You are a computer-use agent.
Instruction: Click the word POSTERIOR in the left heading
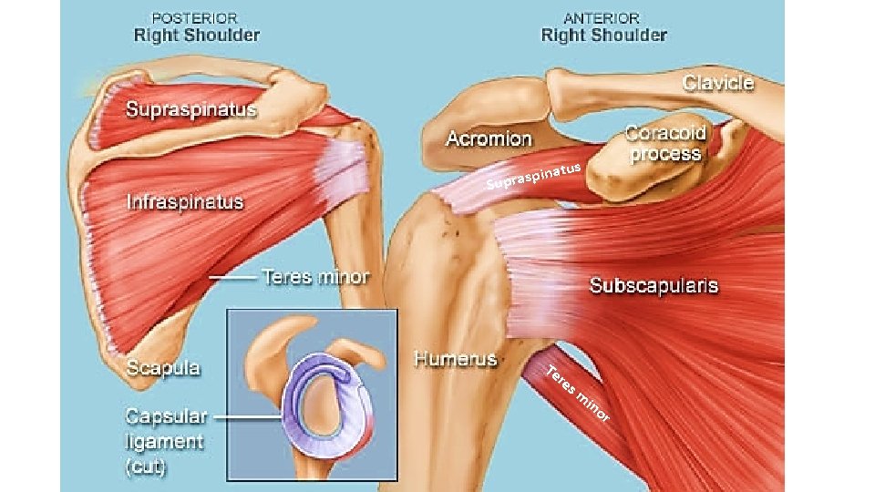click(x=196, y=17)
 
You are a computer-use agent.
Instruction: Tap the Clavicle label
click(x=718, y=83)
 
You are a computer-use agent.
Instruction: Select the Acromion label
click(x=489, y=138)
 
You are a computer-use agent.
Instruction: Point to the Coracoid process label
click(x=664, y=143)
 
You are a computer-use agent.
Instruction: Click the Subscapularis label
click(x=654, y=285)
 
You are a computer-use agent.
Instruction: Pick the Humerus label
click(x=456, y=358)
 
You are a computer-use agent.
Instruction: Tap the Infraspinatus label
click(x=185, y=201)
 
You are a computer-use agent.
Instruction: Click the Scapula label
click(x=163, y=369)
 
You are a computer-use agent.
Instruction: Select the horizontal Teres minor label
click(x=315, y=276)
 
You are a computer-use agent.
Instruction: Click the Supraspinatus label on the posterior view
click(x=191, y=110)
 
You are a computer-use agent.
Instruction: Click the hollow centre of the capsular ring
click(x=324, y=402)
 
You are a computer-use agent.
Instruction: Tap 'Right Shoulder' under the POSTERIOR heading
click(x=197, y=36)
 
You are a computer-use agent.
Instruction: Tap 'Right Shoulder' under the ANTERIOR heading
click(x=603, y=36)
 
